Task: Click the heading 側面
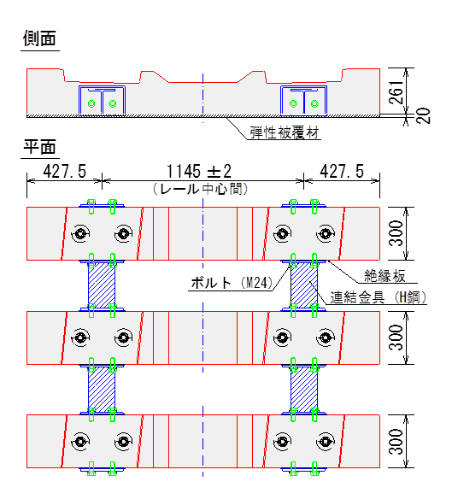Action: (x=39, y=38)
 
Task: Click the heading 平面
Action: (x=39, y=147)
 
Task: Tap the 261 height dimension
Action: (x=396, y=92)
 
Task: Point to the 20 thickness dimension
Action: (x=423, y=116)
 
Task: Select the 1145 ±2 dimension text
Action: (x=199, y=171)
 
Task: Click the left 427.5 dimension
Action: (x=65, y=171)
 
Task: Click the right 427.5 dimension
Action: (x=342, y=171)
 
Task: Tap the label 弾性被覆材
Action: (x=284, y=132)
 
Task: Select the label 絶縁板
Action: (x=384, y=276)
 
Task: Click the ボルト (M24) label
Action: (x=232, y=283)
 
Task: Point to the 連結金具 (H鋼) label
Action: (x=379, y=297)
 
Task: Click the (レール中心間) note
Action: (x=200, y=189)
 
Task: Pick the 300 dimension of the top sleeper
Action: (x=396, y=233)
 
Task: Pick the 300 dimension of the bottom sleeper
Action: (x=396, y=442)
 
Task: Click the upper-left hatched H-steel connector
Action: (x=102, y=285)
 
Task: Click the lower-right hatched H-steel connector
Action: (x=304, y=390)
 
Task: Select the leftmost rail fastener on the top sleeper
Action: (x=80, y=233)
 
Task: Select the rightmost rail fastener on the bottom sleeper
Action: (x=326, y=442)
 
